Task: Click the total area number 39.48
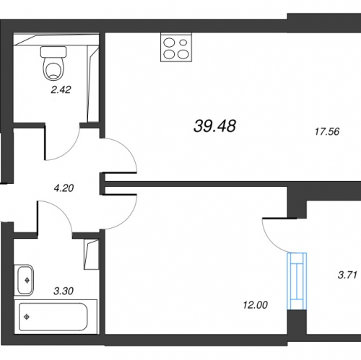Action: point(214,126)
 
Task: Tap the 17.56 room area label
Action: point(327,131)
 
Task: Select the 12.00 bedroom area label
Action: point(256,305)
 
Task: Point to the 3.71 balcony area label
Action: point(347,275)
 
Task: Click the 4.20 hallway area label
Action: point(64,188)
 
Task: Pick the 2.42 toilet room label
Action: point(61,89)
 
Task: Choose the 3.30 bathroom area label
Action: point(64,291)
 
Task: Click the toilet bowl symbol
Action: point(53,69)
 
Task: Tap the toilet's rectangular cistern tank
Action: point(53,52)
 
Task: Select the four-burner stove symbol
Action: point(176,47)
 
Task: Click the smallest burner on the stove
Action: point(183,43)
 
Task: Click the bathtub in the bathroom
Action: point(56,317)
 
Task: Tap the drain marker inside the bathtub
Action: point(27,317)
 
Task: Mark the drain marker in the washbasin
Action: point(27,280)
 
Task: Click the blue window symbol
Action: point(297,281)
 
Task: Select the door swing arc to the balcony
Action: point(269,240)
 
